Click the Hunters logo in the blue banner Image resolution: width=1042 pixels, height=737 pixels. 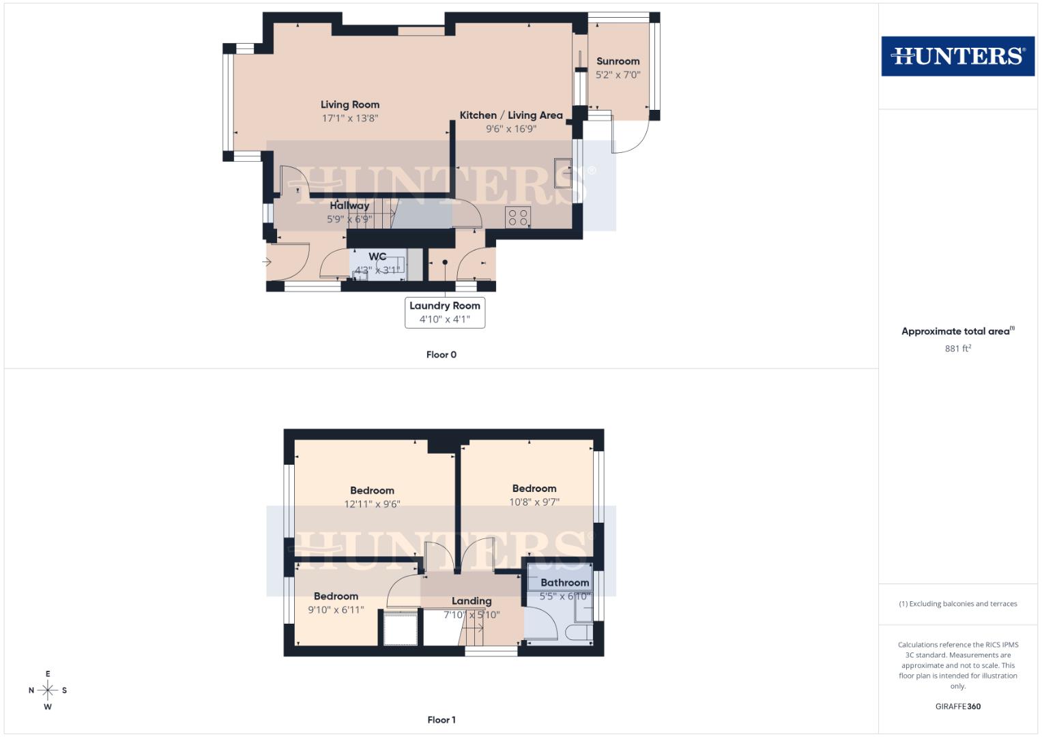pos(957,56)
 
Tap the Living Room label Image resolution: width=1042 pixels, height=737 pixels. pos(350,104)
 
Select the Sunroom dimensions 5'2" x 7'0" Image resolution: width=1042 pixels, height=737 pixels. pos(618,75)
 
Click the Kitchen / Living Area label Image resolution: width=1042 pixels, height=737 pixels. pos(510,115)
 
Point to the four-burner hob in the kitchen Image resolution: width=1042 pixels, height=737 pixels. pos(518,218)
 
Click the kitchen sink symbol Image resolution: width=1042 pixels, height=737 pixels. pos(563,173)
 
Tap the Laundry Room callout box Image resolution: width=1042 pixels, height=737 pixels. pos(445,313)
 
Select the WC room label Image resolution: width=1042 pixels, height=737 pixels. pos(377,257)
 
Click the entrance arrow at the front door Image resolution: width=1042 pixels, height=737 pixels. pos(267,261)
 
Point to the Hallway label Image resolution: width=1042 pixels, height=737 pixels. pos(349,205)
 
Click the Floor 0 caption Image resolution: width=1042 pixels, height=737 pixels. pos(442,355)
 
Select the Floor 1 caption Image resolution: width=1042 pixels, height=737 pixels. pos(442,720)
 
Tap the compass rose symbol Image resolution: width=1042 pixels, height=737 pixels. pos(48,691)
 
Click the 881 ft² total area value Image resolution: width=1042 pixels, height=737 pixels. pos(957,349)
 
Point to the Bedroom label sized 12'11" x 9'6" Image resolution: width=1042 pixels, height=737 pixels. pos(372,491)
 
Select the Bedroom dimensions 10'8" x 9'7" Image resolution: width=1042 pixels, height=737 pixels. pos(534,502)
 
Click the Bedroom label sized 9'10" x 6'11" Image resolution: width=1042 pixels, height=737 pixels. pos(336,596)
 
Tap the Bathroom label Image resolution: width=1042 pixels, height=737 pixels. pos(564,583)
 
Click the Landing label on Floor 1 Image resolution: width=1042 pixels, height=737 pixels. pos(472,601)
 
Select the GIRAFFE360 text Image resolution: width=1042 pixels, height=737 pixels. pos(957,706)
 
